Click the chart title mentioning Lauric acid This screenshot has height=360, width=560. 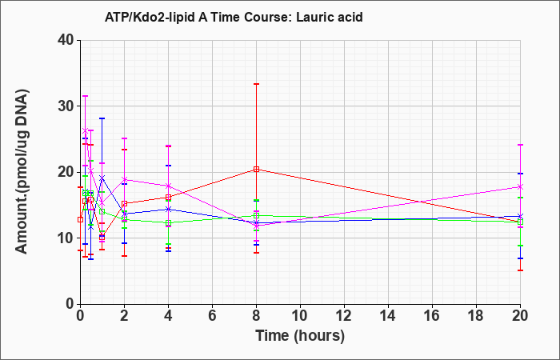click(234, 17)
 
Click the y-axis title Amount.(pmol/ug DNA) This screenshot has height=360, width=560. click(22, 171)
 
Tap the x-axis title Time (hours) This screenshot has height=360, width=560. click(300, 336)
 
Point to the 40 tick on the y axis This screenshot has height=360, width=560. click(68, 40)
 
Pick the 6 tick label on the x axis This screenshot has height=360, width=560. click(212, 316)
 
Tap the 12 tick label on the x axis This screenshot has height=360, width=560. click(344, 316)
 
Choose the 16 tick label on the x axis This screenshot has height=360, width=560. click(432, 316)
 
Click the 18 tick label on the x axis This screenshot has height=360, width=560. click(476, 316)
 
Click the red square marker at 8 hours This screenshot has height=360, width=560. click(256, 170)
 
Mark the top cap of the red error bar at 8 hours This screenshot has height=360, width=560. click(256, 84)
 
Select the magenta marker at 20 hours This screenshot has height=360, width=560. click(520, 186)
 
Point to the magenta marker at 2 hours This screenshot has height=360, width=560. click(124, 179)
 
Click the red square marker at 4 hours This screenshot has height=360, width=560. click(168, 197)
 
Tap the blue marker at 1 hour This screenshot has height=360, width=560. click(102, 178)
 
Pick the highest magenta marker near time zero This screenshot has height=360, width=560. click(85, 130)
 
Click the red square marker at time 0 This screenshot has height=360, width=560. click(80, 219)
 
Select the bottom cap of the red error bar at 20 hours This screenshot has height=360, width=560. click(520, 270)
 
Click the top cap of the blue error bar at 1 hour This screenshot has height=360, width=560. click(102, 118)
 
